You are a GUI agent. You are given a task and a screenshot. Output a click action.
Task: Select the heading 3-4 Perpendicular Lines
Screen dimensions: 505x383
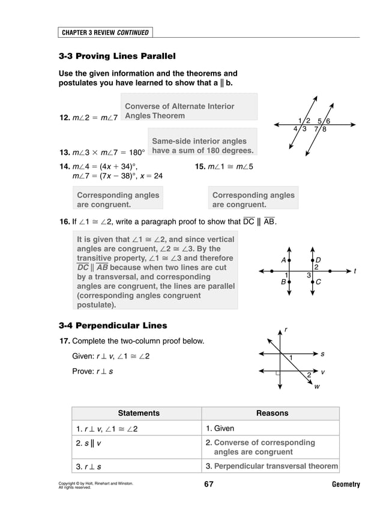(113, 325)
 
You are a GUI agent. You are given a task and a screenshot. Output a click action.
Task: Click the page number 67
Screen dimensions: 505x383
(208, 484)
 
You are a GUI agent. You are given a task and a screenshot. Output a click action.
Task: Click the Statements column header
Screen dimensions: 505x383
(139, 413)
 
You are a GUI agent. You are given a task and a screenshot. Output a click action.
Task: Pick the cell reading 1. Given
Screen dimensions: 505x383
(220, 429)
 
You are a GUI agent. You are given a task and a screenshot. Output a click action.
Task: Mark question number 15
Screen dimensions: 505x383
(201, 166)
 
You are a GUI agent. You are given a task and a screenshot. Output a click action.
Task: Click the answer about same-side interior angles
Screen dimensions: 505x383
(203, 145)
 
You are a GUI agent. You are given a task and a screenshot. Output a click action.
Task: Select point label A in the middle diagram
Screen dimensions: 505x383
(283, 259)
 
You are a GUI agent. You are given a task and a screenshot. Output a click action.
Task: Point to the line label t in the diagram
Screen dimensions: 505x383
(355, 271)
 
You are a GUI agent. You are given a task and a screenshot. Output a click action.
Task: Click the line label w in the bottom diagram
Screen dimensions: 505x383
(317, 387)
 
